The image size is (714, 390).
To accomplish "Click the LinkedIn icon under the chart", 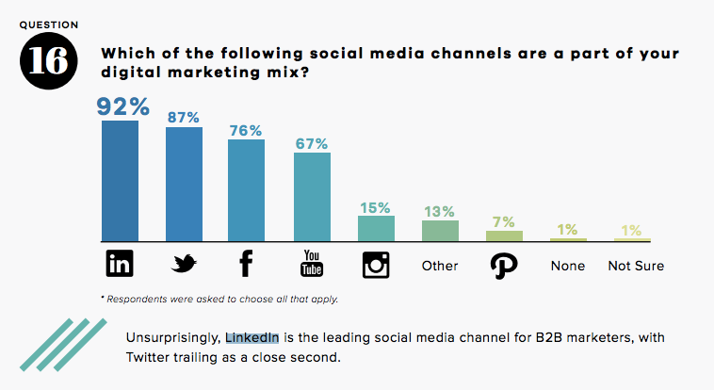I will [120, 265].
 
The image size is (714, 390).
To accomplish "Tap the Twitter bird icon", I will [184, 265].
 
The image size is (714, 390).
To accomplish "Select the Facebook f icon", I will [247, 265].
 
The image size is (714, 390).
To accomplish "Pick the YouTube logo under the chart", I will [312, 265].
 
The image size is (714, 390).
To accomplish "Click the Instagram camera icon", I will [376, 265].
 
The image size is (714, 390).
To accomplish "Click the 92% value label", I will [120, 106].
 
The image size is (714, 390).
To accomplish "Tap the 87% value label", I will [184, 118].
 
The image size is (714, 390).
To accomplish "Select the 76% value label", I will [247, 131].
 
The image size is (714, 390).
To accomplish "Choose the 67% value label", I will [312, 143].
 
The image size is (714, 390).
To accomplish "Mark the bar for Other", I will [440, 231].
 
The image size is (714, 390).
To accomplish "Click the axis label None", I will [568, 266].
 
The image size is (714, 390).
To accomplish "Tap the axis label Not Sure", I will [636, 266].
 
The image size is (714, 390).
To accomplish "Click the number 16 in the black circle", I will [44, 60].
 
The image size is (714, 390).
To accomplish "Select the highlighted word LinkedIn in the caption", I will [252, 337].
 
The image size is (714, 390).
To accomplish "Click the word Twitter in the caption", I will [151, 357].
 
